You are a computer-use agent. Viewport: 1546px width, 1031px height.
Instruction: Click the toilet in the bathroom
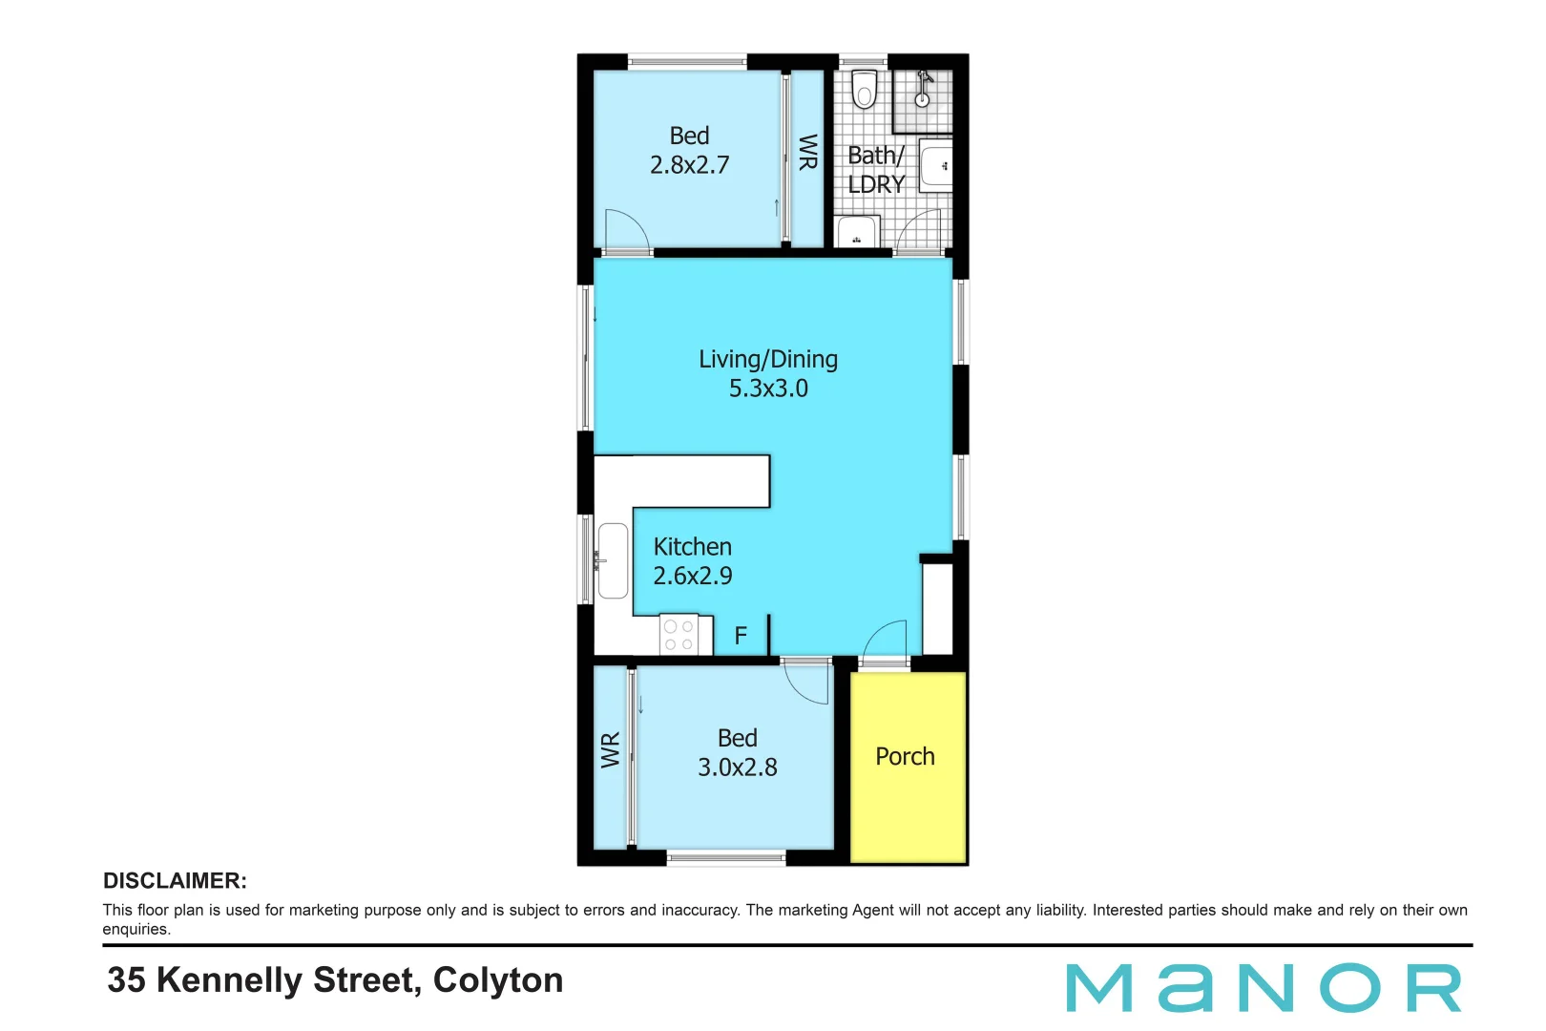pyautogui.click(x=864, y=90)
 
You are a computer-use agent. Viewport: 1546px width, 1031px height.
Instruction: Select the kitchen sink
pyautogui.click(x=612, y=560)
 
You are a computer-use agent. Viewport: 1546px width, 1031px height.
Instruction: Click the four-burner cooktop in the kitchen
pyautogui.click(x=679, y=636)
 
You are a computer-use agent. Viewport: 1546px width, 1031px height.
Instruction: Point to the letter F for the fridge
pyautogui.click(x=741, y=636)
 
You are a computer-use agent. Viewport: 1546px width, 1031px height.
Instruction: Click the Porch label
pyautogui.click(x=905, y=757)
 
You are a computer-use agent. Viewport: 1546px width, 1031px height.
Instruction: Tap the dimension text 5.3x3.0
pyautogui.click(x=768, y=389)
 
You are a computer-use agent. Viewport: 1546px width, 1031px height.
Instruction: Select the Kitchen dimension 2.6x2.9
pyautogui.click(x=693, y=576)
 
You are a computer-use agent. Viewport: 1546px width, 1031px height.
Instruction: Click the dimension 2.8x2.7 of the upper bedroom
pyautogui.click(x=689, y=165)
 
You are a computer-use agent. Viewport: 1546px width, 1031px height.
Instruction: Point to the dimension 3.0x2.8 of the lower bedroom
pyautogui.click(x=738, y=768)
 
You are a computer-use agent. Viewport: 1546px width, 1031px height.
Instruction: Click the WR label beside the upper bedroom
pyautogui.click(x=807, y=152)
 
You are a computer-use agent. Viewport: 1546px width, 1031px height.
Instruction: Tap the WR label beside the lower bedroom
pyautogui.click(x=611, y=750)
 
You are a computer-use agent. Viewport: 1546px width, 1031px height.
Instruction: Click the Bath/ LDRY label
pyautogui.click(x=876, y=170)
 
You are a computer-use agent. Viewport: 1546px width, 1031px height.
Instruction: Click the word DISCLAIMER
pyautogui.click(x=175, y=881)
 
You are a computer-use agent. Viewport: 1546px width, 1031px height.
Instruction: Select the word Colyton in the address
pyautogui.click(x=498, y=980)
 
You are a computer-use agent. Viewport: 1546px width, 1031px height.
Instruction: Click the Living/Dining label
pyautogui.click(x=768, y=359)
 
